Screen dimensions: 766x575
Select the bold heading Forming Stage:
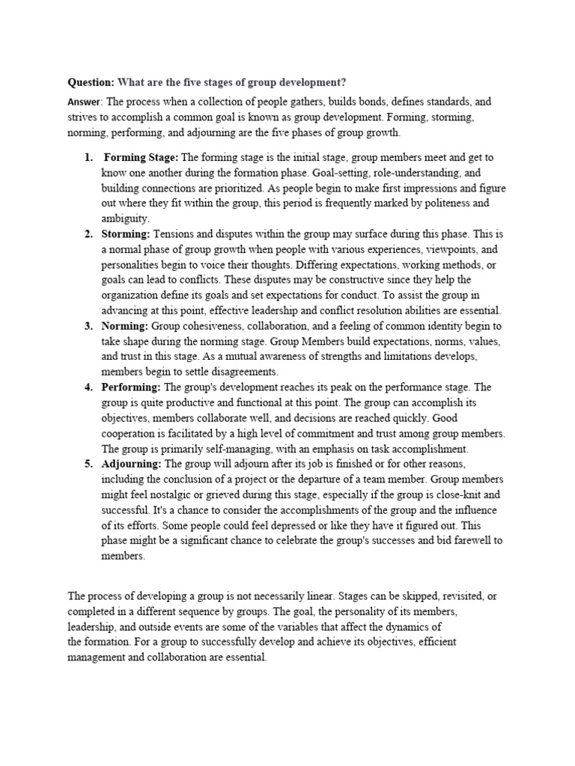pyautogui.click(x=141, y=157)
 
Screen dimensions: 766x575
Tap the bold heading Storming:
pyautogui.click(x=126, y=234)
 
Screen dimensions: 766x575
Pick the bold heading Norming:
pyautogui.click(x=125, y=326)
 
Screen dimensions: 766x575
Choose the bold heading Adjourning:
pyautogui.click(x=132, y=464)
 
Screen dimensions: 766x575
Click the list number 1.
pyautogui.click(x=88, y=157)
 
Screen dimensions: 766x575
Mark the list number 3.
pyautogui.click(x=88, y=326)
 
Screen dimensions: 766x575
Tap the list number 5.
pyautogui.click(x=88, y=464)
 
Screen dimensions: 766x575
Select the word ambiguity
pyautogui.click(x=125, y=218)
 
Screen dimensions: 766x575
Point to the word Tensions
pyautogui.click(x=174, y=234)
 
